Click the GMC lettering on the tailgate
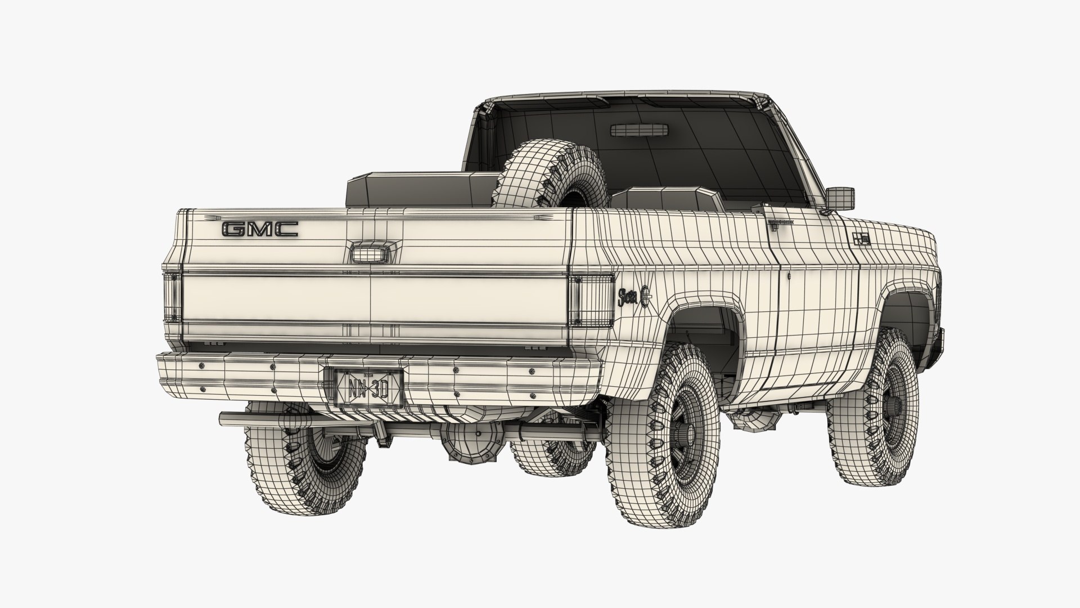(260, 229)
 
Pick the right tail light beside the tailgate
(591, 301)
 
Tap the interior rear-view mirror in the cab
(640, 130)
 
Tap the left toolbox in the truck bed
(422, 189)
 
